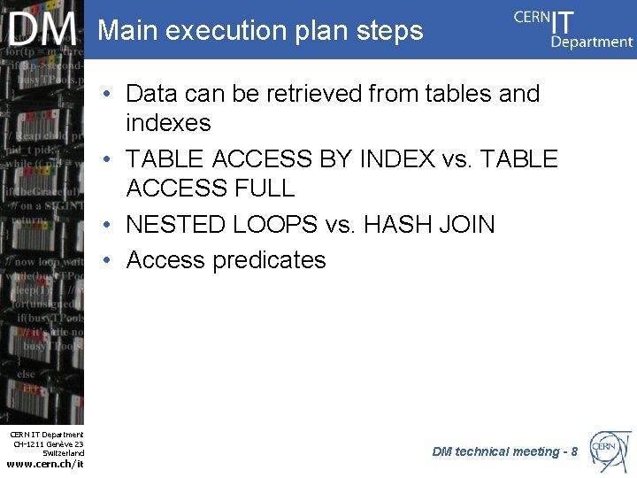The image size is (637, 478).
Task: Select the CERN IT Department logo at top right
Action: pos(573,28)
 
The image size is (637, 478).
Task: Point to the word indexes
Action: pos(168,122)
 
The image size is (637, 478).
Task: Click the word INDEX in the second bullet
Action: pos(397,159)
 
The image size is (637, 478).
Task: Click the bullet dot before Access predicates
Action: pos(106,260)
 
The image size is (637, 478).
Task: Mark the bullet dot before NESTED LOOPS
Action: pos(106,225)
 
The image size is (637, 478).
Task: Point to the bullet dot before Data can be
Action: pos(106,93)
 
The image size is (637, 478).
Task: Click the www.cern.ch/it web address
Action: pos(44,464)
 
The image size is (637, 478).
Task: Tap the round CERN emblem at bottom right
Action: pos(610,450)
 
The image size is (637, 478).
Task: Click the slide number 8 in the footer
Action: pos(574,451)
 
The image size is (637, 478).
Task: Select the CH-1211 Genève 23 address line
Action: pos(48,443)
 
